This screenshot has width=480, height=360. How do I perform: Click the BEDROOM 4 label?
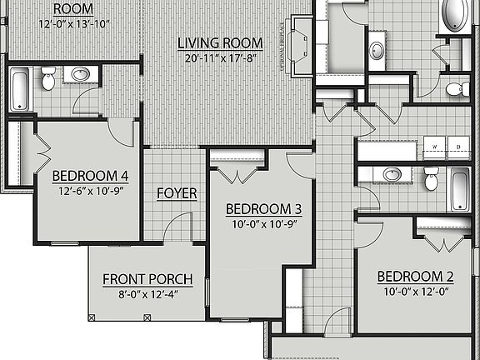pos(90,176)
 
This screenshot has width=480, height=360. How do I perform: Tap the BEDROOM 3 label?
pos(263,208)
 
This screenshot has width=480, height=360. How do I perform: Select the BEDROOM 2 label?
pos(415,277)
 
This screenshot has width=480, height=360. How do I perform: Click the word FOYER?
pos(177,193)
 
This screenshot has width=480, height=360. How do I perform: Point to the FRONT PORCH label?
pos(147,279)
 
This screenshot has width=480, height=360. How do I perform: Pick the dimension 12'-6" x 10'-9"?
pos(90,191)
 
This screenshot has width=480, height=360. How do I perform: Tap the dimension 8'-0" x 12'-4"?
pos(147,294)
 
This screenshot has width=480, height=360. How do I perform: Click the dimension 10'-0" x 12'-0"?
pos(415,292)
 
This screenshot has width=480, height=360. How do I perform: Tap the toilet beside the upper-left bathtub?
pos(48,78)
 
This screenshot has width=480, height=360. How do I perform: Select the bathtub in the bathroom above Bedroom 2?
pos(459,189)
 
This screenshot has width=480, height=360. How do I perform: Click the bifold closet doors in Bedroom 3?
pos(237,176)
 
